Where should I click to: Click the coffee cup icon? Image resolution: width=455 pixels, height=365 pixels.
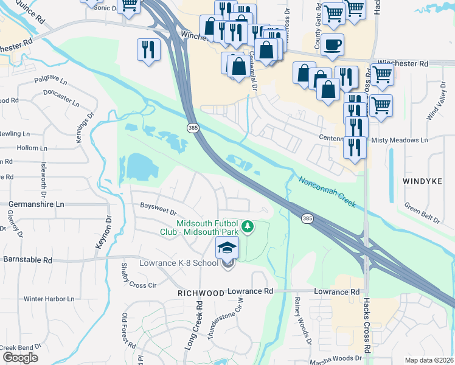coord(332,46)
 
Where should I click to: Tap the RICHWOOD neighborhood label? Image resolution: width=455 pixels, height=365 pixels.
coord(201,293)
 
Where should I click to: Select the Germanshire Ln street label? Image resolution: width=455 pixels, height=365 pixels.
coord(36,205)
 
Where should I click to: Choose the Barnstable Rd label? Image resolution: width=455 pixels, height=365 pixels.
coord(28,259)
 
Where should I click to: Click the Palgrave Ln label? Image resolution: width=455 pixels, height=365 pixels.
coord(49,79)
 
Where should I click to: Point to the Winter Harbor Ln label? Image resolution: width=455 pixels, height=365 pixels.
coord(48,299)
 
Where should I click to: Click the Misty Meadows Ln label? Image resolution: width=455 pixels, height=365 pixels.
coord(400,140)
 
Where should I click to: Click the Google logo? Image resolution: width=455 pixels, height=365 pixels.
coord(20,358)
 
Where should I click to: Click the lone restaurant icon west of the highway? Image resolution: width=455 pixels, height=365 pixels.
coord(148,50)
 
